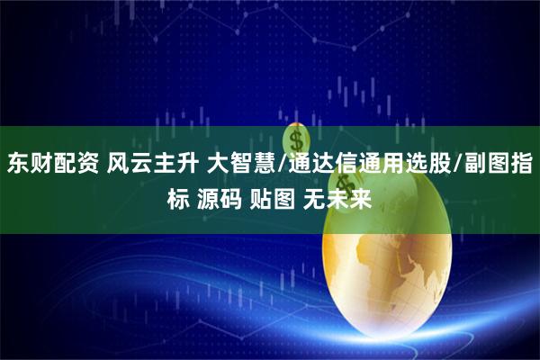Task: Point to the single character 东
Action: point(17,165)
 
